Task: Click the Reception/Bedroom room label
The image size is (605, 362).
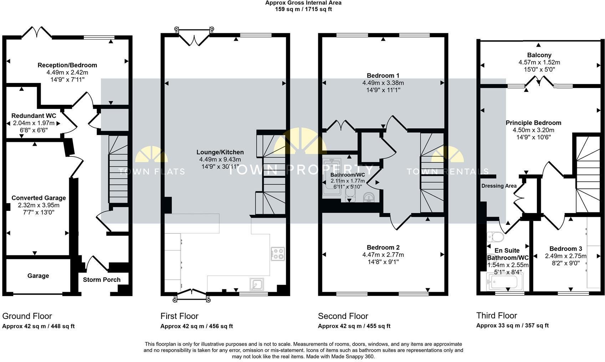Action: (x=67, y=65)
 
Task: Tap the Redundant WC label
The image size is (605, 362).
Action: (x=34, y=116)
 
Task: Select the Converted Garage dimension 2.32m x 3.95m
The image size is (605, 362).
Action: (x=39, y=205)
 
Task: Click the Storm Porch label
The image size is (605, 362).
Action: (x=102, y=280)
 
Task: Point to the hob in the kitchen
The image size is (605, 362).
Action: (x=278, y=254)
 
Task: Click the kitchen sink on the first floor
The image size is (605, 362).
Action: (x=256, y=284)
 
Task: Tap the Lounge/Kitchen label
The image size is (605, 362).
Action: (x=220, y=152)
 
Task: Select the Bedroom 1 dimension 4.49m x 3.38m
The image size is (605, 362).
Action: (x=383, y=83)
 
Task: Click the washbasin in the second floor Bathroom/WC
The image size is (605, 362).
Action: (x=368, y=197)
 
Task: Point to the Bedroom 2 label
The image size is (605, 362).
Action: (x=383, y=247)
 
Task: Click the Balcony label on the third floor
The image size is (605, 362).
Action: (x=539, y=55)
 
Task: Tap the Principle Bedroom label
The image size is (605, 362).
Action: (x=533, y=123)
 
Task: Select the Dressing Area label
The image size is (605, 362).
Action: (x=499, y=186)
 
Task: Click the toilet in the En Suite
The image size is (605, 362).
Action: (x=495, y=237)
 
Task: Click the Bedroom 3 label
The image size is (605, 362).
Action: (x=565, y=249)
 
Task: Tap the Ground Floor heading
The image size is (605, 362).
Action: (x=27, y=316)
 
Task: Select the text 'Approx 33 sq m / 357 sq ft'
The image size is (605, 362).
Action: (x=512, y=326)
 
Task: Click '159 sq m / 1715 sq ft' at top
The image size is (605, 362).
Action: (x=303, y=9)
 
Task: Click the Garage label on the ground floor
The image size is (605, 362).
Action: (x=38, y=276)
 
